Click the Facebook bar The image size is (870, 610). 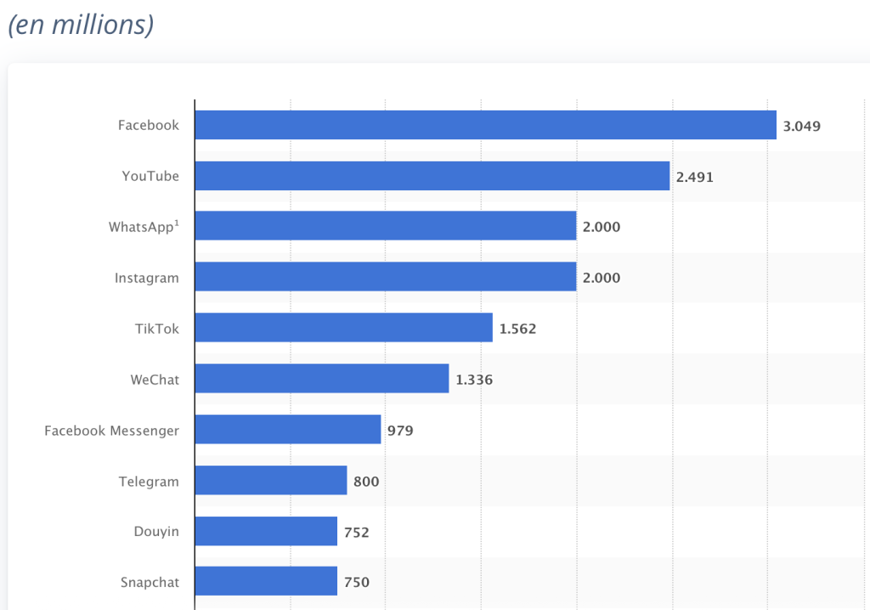[485, 125]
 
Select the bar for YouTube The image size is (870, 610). [432, 176]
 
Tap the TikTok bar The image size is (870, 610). [343, 327]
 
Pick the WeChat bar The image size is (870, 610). [321, 378]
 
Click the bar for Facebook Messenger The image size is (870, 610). [287, 429]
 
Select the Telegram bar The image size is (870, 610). [270, 480]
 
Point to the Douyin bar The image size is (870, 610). [265, 531]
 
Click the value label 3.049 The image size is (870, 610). [802, 127]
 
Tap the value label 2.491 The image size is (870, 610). [695, 177]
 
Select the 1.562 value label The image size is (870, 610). [518, 328]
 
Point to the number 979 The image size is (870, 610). [400, 430]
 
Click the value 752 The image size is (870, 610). [357, 532]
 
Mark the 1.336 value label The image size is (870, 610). [474, 379]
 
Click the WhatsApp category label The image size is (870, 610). [144, 227]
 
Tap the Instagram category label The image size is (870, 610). [147, 278]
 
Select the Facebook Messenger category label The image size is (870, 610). [112, 431]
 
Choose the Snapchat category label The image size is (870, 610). [150, 583]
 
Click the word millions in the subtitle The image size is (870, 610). [99, 25]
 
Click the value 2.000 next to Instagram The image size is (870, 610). [602, 277]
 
